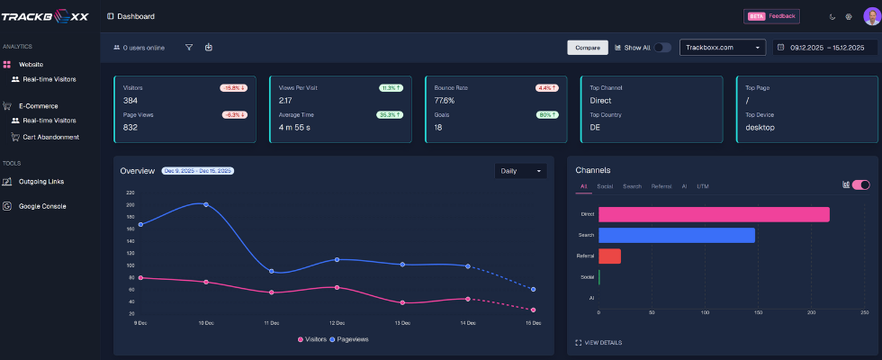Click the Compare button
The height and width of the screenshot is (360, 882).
[588, 48]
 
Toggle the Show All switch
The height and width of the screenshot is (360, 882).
[661, 48]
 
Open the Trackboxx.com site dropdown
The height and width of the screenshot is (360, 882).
[722, 48]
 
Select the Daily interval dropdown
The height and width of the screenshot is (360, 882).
[521, 171]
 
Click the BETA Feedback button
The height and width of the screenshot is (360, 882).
[771, 16]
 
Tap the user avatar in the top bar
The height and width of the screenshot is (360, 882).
[871, 16]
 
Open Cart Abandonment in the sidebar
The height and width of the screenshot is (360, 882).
[50, 137]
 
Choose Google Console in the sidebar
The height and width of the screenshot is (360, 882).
[43, 206]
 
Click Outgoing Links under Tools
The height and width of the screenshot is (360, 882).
[41, 181]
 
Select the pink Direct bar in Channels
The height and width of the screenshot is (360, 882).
[714, 214]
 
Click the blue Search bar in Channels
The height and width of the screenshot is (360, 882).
[676, 235]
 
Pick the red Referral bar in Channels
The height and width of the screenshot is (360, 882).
[609, 256]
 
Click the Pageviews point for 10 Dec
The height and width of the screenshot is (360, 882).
[206, 204]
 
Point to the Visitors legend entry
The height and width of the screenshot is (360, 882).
[311, 339]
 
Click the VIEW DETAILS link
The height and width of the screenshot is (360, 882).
[602, 343]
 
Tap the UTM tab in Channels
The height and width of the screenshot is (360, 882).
[703, 186]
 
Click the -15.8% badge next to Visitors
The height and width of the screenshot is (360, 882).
[233, 88]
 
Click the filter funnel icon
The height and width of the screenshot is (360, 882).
[189, 48]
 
